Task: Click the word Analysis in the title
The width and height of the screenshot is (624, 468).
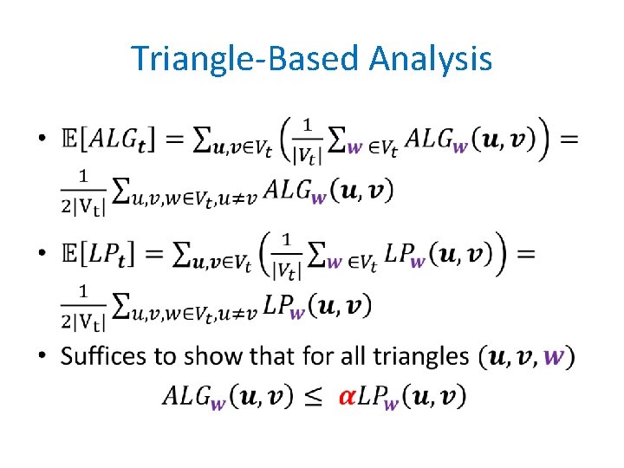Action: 430,60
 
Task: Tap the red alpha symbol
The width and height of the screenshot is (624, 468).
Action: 347,396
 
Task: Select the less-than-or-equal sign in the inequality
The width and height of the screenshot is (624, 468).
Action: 315,397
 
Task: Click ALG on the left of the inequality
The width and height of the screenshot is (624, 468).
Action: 186,396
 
